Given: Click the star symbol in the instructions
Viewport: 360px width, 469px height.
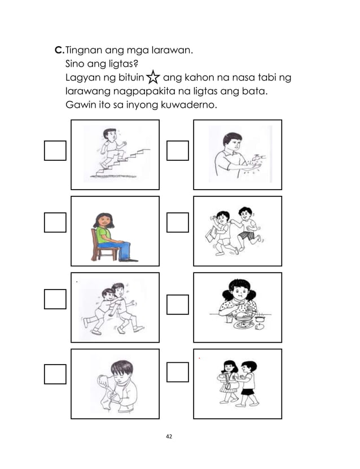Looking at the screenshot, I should pos(153,78).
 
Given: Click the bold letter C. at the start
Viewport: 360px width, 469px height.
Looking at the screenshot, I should pos(59,51).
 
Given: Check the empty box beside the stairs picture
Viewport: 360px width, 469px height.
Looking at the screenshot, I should pos(55,151).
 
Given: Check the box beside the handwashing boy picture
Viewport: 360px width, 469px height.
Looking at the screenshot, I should pos(178,151).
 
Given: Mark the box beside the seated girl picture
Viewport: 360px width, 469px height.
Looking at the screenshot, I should pos(55,222).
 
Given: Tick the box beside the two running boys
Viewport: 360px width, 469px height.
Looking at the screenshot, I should pos(178,222).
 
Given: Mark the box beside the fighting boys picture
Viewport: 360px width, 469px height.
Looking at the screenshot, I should pos(55,299).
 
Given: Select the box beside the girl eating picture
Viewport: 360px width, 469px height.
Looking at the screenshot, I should pos(178,305).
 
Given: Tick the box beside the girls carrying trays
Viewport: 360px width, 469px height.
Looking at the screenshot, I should pos(178,372).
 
